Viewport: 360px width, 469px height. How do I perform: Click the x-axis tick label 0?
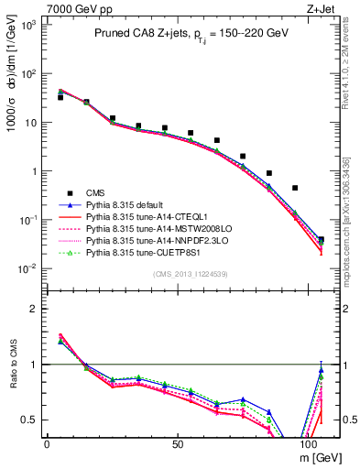pyautogui.click(x=47, y=442)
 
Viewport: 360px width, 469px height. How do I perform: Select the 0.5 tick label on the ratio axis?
pyautogui.click(x=29, y=420)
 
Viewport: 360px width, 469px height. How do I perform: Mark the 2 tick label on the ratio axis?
pyautogui.click(x=35, y=309)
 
